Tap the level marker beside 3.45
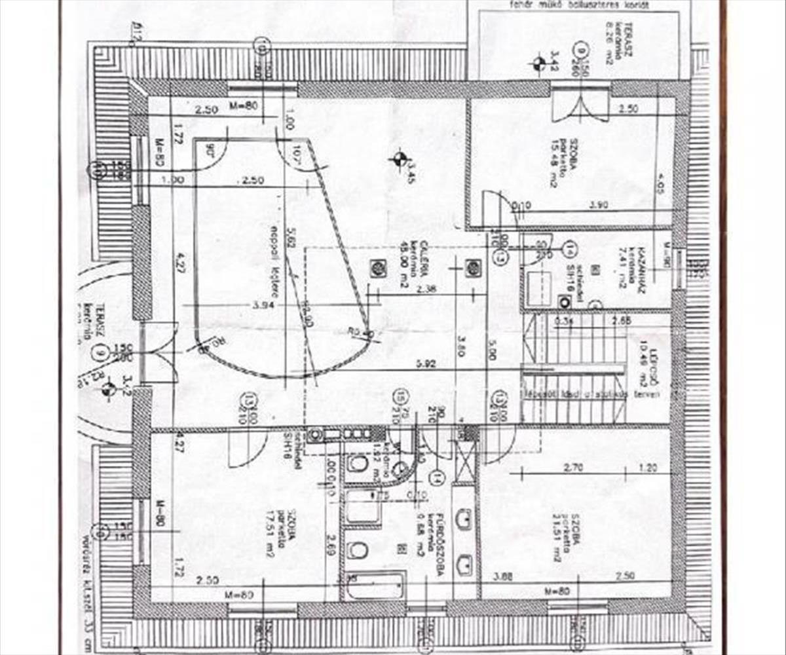[398, 158]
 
